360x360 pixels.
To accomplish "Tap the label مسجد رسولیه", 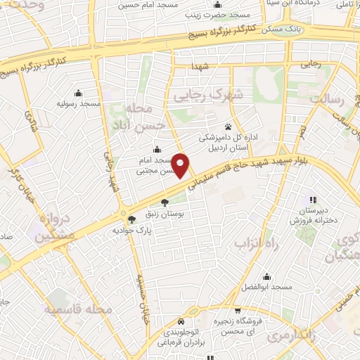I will pos(77,103).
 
